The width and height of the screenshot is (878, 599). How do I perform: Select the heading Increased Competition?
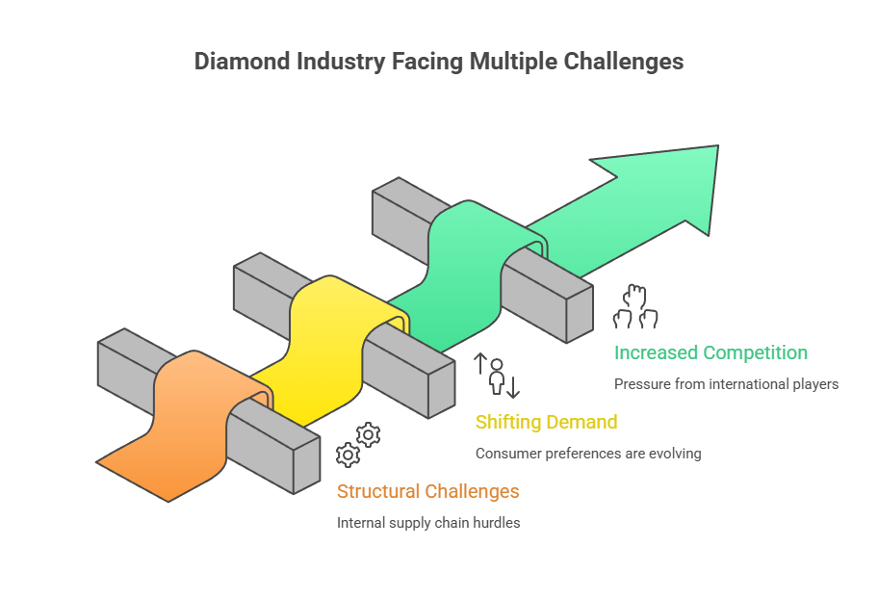click(x=710, y=352)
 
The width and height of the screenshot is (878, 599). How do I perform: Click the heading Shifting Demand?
click(x=547, y=422)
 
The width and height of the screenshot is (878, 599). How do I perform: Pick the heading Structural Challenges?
click(x=427, y=491)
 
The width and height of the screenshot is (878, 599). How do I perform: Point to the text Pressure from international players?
click(x=726, y=383)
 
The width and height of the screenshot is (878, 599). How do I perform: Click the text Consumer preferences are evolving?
click(x=588, y=453)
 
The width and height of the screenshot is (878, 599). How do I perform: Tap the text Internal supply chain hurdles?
click(x=428, y=522)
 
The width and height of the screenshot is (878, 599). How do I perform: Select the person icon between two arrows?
click(x=497, y=377)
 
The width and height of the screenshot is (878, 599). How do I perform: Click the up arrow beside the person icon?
click(x=479, y=365)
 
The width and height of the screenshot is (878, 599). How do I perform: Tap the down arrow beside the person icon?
click(x=513, y=387)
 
